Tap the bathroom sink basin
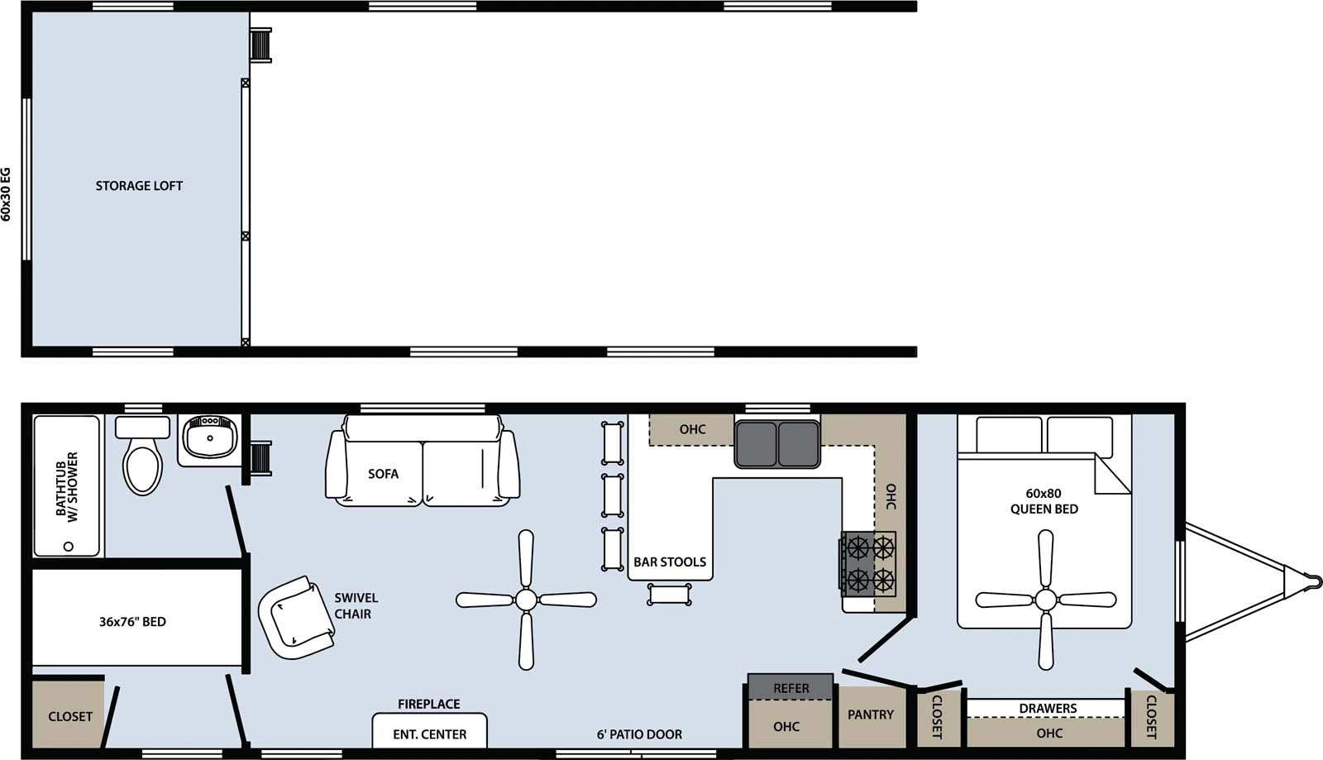[x=209, y=437]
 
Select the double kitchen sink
[x=777, y=444]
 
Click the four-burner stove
[x=869, y=563]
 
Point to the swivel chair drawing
[x=296, y=617]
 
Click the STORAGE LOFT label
[x=139, y=186]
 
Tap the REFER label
[x=791, y=688]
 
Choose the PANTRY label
[x=871, y=715]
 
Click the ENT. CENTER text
[x=429, y=734]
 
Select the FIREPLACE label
[x=428, y=705]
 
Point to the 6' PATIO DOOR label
[x=639, y=734]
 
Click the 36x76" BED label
[x=132, y=622]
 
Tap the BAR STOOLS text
[x=670, y=562]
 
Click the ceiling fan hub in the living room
[x=526, y=600]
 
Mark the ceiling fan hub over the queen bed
[x=1046, y=599]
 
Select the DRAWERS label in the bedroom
[x=1048, y=709]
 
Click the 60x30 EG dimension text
[x=7, y=194]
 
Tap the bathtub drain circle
[x=69, y=546]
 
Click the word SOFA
[x=383, y=474]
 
